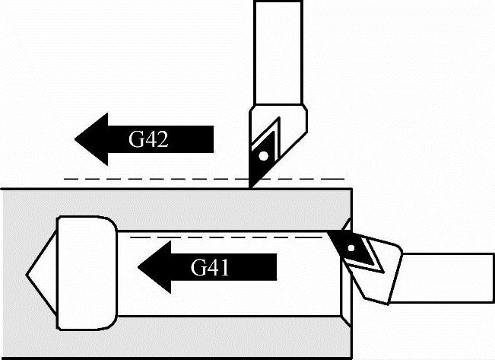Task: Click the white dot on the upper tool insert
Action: pos(262,156)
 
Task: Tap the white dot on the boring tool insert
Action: pos(351,249)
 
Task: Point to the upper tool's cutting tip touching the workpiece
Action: pos(250,185)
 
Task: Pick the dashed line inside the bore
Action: pos(228,237)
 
